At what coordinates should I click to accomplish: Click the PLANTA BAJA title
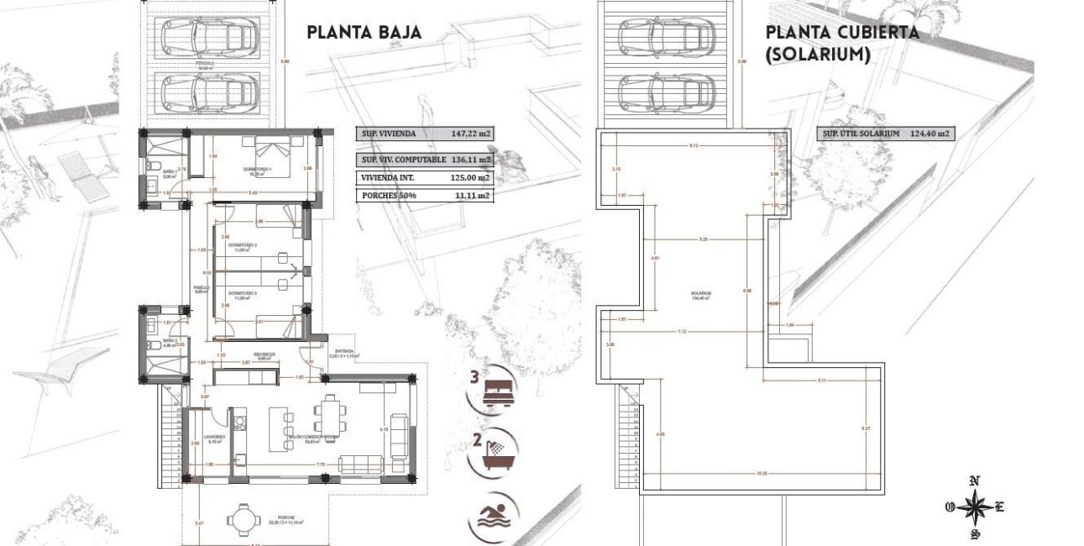point(364,33)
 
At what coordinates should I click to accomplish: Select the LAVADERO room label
point(206,438)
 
